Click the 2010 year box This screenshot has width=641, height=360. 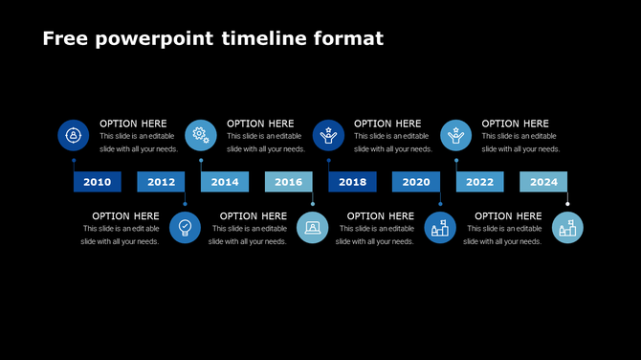tap(98, 182)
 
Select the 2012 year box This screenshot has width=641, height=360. tap(161, 182)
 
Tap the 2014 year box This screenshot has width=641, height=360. tap(225, 182)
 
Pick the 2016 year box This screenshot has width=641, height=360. tap(288, 182)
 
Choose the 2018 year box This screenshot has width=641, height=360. tap(352, 182)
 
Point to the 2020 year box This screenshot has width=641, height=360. tap(415, 182)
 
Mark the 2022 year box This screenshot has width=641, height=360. tap(479, 182)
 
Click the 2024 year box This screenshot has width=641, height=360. tap(543, 182)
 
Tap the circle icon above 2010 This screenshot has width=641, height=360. tap(73, 135)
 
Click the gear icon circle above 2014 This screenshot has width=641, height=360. tap(200, 135)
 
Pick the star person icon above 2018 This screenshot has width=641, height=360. tap(328, 135)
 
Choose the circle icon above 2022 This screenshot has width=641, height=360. tap(455, 135)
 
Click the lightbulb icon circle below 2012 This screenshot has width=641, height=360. tap(185, 228)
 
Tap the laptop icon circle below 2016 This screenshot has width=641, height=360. tap(313, 228)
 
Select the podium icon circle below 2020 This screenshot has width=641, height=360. tap(440, 228)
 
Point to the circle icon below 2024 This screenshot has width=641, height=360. tap(567, 228)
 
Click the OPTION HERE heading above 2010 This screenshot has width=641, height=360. tap(133, 124)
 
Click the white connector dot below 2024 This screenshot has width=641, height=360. tap(567, 203)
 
